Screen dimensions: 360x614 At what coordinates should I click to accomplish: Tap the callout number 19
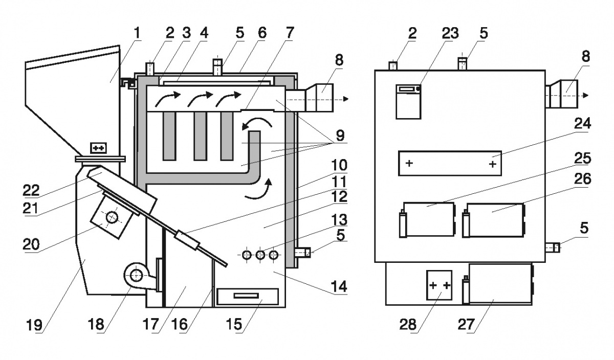(x=43, y=324)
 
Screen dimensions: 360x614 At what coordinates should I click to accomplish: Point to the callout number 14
(x=338, y=286)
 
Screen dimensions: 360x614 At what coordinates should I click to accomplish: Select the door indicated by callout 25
(x=429, y=219)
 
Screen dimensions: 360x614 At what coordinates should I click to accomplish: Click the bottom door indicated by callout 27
(x=500, y=285)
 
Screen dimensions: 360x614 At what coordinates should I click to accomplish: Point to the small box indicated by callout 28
(x=440, y=285)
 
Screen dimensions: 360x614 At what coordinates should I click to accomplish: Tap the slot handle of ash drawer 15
(x=247, y=296)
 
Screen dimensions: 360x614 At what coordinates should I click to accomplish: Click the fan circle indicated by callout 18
(x=136, y=276)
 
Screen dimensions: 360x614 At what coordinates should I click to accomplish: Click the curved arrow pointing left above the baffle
(x=255, y=123)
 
